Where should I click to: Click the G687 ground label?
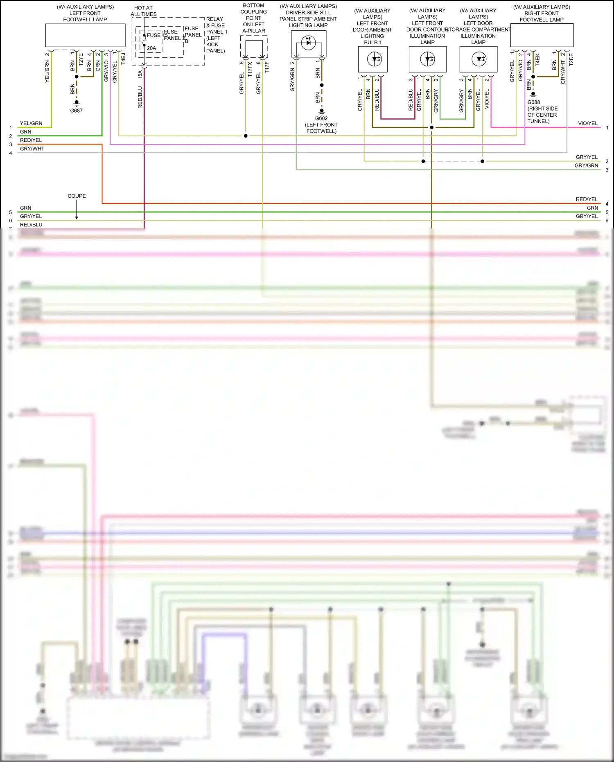point(76,111)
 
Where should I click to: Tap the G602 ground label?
point(321,118)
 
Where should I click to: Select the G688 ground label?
point(533,102)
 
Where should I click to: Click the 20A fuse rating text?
point(151,48)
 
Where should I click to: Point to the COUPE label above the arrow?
point(77,196)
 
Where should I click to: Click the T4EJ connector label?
point(123,58)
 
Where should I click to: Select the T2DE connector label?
point(571,59)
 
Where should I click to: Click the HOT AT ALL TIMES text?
point(144,11)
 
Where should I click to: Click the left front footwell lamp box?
point(85,35)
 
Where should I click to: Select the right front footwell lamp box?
point(542,35)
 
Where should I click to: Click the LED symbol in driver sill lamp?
point(309,41)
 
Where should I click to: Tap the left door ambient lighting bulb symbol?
point(374,59)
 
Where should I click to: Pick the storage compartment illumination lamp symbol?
point(479,59)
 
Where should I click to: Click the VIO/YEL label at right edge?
point(587,123)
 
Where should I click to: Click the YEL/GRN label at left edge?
point(31,123)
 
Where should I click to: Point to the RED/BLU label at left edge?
point(31,225)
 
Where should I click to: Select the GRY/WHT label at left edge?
point(32,149)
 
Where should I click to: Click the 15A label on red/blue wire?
point(140,74)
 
